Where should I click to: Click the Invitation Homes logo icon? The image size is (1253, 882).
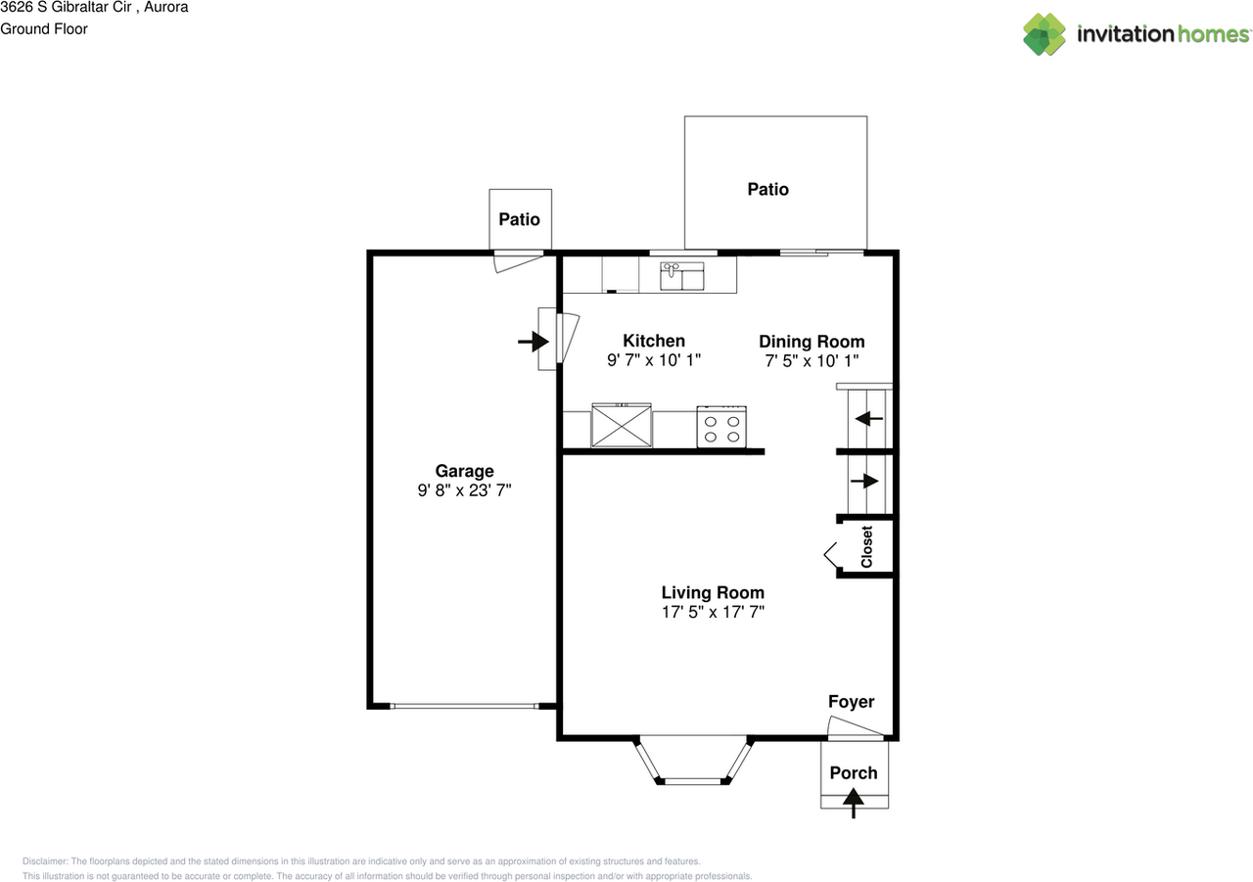point(1044,34)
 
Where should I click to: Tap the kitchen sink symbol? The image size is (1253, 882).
point(682,276)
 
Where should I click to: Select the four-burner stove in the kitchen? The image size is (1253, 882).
point(721,428)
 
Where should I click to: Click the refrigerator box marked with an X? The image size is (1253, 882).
point(622,426)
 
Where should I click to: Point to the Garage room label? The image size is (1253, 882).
point(464,471)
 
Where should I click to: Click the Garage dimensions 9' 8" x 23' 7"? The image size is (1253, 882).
point(464,490)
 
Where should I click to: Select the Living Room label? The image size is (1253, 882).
point(713,592)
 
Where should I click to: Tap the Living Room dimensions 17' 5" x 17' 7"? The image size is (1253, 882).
point(713,612)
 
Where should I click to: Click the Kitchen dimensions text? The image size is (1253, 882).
point(654,360)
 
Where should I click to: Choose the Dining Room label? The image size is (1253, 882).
point(812,342)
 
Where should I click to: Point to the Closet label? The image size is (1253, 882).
point(866,547)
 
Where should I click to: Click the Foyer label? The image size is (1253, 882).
point(851,701)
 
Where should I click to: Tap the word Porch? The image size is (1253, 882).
point(853,773)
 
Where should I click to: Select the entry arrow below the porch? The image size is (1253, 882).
point(853,803)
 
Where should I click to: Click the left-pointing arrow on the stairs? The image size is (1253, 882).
point(868,418)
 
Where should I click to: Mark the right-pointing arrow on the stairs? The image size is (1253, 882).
point(864,481)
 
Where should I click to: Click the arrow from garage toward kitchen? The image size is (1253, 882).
point(534,342)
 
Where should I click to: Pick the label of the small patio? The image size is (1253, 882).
point(519,219)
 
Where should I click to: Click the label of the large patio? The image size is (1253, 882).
point(768,189)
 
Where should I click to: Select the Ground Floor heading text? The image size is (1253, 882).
point(44,29)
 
